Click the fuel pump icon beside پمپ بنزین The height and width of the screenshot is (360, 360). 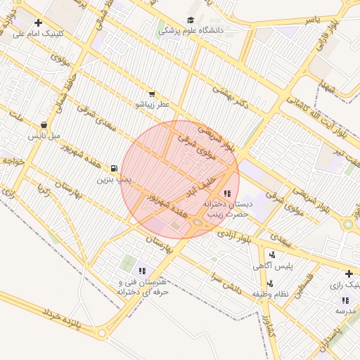tap(114, 169)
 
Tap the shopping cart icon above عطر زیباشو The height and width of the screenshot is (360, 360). tap(152, 94)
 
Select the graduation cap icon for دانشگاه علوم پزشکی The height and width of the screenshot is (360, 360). tap(191, 21)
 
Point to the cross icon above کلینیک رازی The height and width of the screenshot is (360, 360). tap(348, 274)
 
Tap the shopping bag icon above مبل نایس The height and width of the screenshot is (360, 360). tap(44, 124)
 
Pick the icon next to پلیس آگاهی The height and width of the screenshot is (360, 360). tap(272, 254)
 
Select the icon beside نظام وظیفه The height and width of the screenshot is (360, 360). tap(271, 283)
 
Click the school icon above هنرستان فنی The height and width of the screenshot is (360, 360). tap(143, 271)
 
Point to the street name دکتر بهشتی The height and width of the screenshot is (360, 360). tap(232, 98)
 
